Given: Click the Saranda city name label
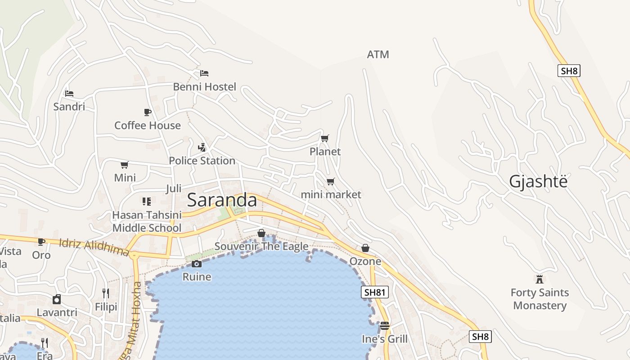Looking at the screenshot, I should click(222, 200).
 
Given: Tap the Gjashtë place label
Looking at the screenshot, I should click(538, 181).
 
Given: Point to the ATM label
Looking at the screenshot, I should click(378, 54).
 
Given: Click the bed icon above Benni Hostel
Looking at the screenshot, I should click(204, 73).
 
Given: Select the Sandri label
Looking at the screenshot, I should click(69, 107).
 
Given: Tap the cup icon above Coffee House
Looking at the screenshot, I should click(147, 112).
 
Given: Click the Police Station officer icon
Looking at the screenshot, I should click(202, 147).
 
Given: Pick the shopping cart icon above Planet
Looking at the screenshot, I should click(325, 138).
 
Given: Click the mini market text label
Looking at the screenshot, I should click(331, 194).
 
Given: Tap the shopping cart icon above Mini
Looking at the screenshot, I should click(125, 165).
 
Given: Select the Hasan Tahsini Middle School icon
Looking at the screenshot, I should click(147, 201).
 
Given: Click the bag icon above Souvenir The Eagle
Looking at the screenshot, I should click(261, 233).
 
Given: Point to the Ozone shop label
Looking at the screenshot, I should click(365, 261).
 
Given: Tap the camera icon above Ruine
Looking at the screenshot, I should click(197, 264).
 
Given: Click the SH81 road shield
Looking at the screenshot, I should click(374, 292).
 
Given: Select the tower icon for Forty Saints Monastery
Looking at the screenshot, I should click(540, 279).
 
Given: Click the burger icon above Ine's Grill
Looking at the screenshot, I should click(384, 325).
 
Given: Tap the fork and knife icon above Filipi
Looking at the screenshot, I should click(106, 293).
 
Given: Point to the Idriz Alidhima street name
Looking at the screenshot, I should click(94, 247).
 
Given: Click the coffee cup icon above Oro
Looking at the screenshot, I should click(41, 242).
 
